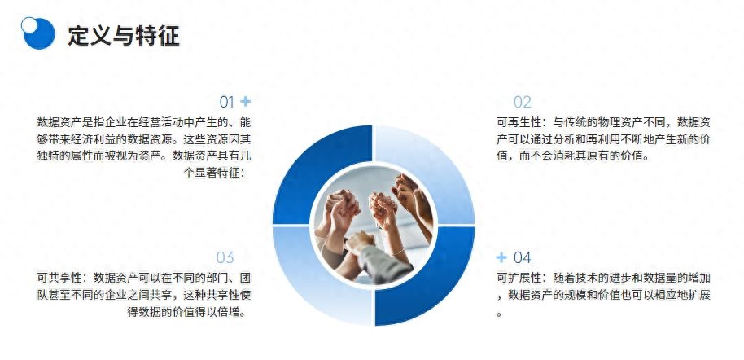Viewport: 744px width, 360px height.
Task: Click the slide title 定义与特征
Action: tap(123, 36)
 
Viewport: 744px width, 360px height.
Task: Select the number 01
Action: tap(226, 103)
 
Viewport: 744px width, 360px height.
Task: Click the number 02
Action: tap(522, 103)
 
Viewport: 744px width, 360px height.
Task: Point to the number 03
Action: tap(225, 258)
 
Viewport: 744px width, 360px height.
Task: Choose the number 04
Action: tap(522, 258)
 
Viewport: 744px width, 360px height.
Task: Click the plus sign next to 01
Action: tap(246, 102)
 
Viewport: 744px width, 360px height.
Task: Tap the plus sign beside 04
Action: tap(501, 257)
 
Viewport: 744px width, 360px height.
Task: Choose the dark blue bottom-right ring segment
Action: tap(431, 281)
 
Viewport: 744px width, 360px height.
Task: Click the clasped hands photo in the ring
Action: tap(373, 224)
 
